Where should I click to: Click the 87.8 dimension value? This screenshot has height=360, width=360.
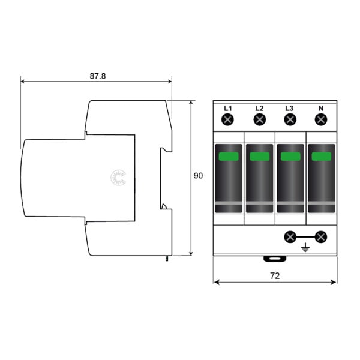98,76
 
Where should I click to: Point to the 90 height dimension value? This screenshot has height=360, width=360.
198,176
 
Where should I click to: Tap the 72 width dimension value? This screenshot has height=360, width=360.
275,276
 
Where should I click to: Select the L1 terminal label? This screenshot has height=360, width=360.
228,108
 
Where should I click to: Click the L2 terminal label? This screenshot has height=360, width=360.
259,108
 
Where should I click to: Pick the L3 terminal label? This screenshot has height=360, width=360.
289,108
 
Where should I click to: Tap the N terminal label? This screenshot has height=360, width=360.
321,108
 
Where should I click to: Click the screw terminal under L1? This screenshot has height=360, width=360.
227,119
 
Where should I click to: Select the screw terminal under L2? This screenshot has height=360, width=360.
260,119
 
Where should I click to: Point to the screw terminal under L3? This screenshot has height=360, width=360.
290,119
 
